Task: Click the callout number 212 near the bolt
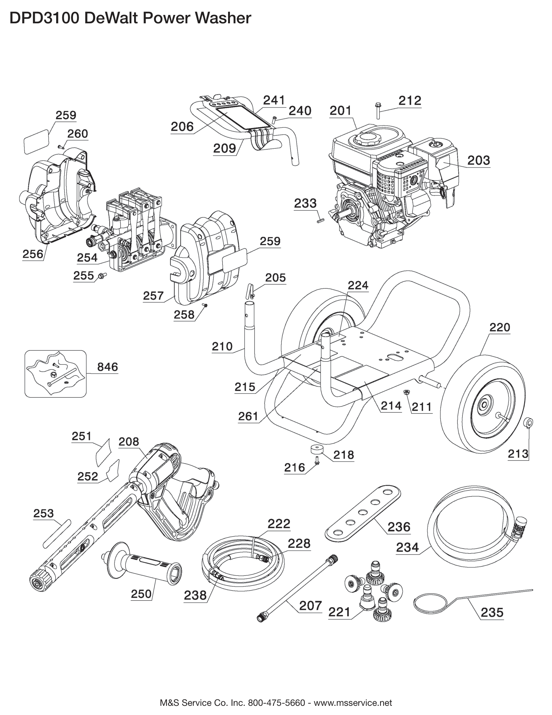click(410, 101)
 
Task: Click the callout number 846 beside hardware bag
click(108, 367)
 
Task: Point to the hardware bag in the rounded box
click(55, 373)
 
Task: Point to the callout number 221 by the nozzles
click(340, 612)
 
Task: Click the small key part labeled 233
click(320, 220)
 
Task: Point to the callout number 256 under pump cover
click(33, 254)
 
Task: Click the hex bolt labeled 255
click(101, 276)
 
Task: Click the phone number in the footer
click(277, 703)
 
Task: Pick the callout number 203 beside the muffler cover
click(478, 160)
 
